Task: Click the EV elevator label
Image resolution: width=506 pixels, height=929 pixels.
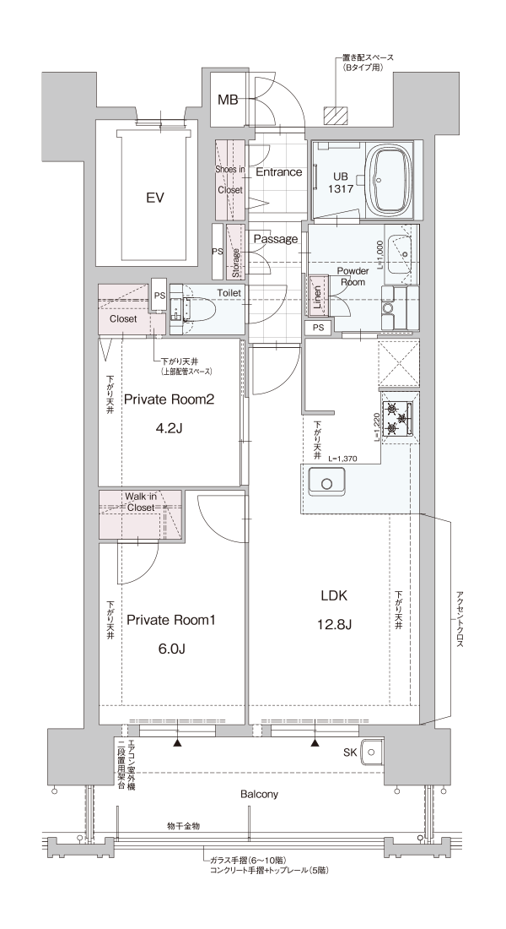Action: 154,198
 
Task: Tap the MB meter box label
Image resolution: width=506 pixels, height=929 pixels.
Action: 228,101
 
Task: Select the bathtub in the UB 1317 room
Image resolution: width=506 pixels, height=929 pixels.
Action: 390,181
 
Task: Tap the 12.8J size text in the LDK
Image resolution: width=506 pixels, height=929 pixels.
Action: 335,624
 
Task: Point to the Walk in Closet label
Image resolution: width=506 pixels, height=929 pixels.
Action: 140,503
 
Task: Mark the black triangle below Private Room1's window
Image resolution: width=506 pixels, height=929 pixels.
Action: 178,744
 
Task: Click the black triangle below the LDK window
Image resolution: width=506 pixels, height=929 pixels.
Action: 315,744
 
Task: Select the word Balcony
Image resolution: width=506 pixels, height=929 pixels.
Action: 259,795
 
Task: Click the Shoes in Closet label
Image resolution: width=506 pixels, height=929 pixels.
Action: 229,179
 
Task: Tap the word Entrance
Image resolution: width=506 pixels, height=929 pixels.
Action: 278,172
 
